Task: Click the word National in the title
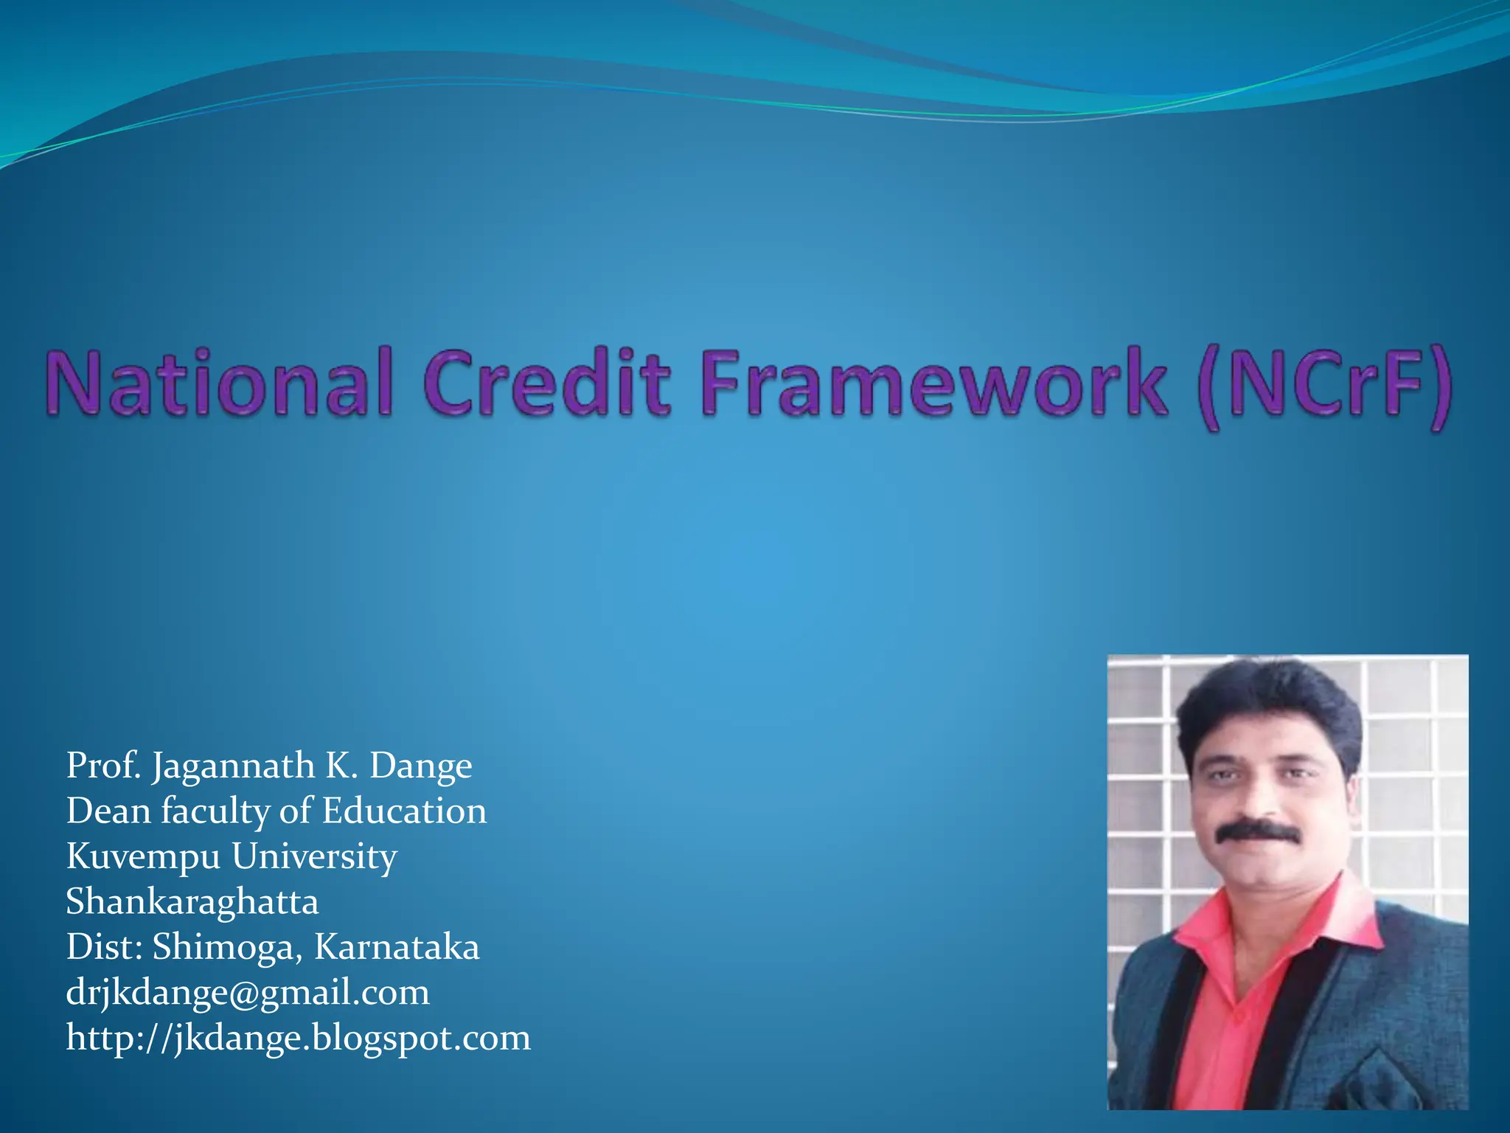coord(218,384)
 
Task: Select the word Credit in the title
coord(546,384)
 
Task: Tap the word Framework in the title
coord(933,384)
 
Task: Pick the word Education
coord(404,811)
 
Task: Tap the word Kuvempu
coord(143,858)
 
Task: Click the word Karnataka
coord(397,947)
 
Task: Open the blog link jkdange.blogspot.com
coord(298,1039)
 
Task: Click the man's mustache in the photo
coord(1258,831)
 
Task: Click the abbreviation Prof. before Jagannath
coord(103,766)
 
